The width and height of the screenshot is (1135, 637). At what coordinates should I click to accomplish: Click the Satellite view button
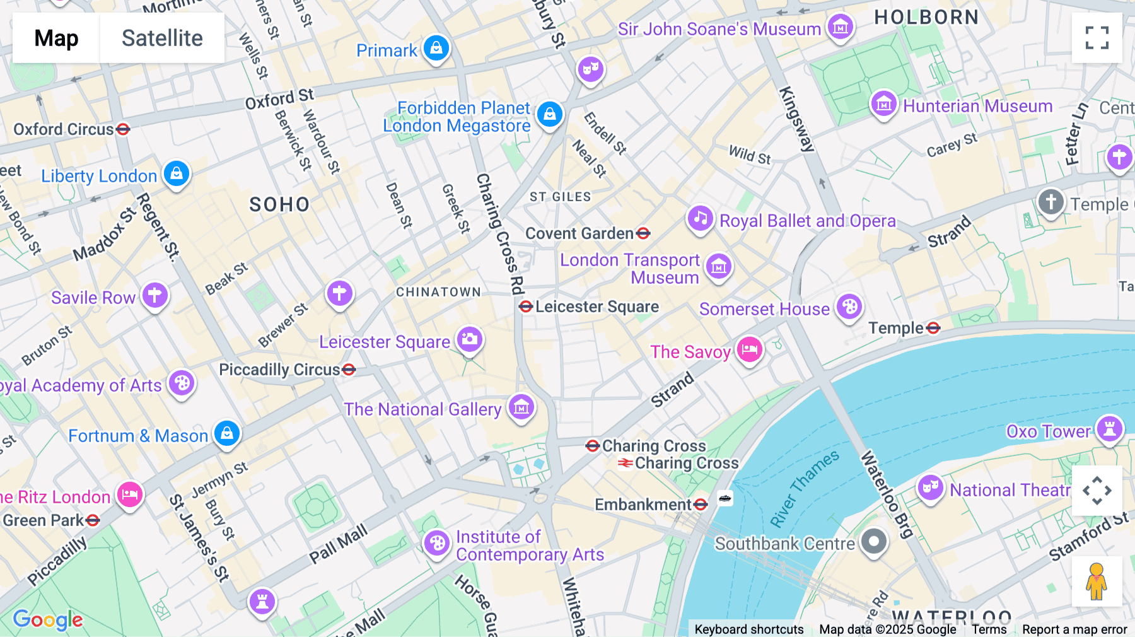162,38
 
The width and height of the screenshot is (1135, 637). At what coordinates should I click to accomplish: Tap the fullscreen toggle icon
1097,38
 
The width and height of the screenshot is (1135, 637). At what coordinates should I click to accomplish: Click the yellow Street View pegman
1097,581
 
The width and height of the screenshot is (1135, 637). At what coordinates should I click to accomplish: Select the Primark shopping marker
436,48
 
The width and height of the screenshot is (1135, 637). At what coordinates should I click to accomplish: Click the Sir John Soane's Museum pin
840,27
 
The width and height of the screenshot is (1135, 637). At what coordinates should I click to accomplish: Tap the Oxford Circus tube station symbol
123,129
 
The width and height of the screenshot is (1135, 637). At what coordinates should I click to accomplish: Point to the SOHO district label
279,204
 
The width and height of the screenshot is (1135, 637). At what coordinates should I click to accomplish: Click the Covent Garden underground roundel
643,234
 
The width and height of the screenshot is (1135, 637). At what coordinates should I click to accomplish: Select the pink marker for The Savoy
749,349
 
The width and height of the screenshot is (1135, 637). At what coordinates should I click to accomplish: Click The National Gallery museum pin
521,407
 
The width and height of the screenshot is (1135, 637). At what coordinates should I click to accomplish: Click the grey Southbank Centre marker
874,541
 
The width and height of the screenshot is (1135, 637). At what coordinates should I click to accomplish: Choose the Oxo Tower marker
1109,429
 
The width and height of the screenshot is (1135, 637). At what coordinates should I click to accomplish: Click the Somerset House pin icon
849,307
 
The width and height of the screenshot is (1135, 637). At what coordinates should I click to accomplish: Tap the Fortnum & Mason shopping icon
227,433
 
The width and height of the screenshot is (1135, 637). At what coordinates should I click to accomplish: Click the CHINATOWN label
438,292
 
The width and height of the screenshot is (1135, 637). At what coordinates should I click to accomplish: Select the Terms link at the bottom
989,629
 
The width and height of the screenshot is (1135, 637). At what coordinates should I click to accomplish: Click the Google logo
48,619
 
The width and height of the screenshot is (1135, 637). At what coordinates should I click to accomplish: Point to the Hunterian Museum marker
883,104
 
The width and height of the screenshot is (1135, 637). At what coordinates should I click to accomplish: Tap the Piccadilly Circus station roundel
349,370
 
